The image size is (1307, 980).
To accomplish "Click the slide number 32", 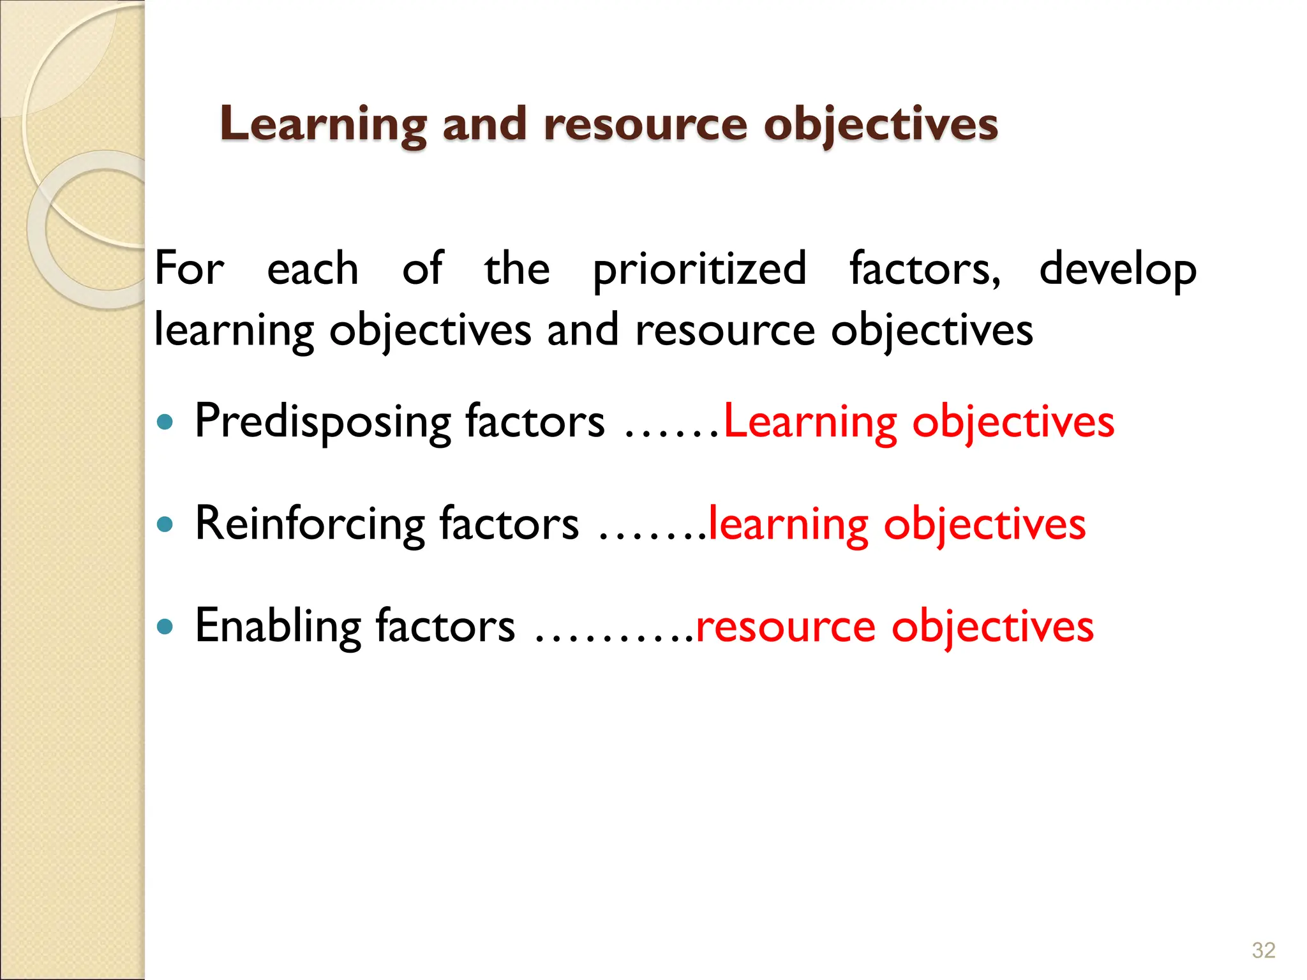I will point(1263,950).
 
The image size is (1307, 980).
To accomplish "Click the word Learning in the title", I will point(323,124).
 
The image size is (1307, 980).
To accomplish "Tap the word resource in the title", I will point(645,124).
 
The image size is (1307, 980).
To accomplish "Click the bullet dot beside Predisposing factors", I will point(165,422).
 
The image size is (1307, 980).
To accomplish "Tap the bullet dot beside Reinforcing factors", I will point(165,524).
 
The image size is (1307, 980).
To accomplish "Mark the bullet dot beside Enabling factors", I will point(165,626).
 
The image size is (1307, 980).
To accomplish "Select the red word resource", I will point(786,627).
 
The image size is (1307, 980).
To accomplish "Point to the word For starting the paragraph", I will point(189,269).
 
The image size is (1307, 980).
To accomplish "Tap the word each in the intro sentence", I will point(313,269).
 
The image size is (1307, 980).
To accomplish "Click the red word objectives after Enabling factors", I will point(992,627).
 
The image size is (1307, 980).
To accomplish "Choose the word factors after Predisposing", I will point(535,422).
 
